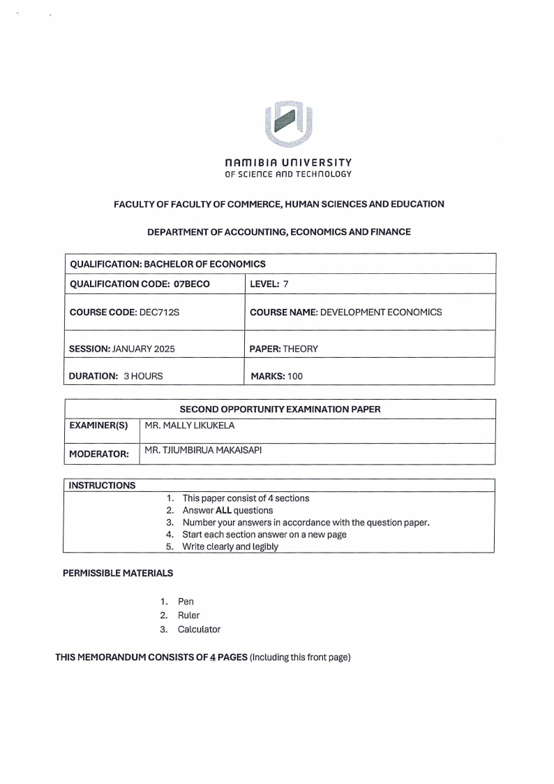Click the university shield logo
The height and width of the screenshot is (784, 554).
click(288, 124)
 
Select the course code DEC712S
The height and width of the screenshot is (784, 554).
click(160, 312)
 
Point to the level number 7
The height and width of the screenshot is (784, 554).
click(286, 284)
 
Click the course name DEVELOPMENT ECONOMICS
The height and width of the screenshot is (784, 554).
click(380, 312)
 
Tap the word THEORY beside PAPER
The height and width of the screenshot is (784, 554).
click(301, 348)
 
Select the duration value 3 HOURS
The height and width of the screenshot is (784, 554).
click(143, 376)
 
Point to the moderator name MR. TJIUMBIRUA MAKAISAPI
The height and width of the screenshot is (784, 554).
click(203, 450)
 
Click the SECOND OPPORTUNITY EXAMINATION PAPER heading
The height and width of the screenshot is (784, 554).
click(280, 409)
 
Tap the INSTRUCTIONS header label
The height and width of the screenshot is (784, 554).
click(102, 486)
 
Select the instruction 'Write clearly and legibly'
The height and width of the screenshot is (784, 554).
click(230, 546)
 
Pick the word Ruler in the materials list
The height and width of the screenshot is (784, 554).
click(188, 616)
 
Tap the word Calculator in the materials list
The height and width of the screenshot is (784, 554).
click(199, 630)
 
